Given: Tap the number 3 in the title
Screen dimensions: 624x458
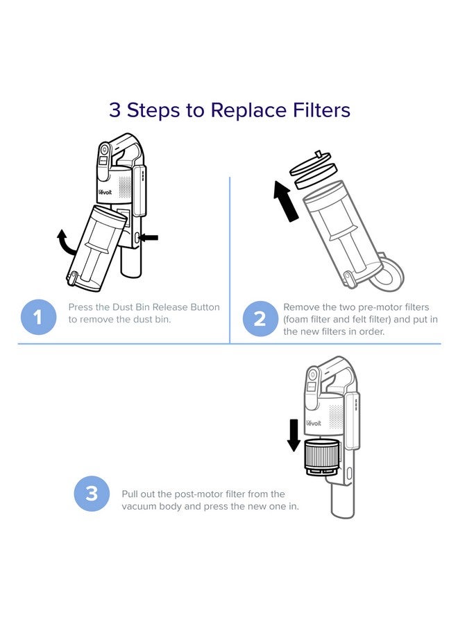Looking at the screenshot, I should coord(114,110).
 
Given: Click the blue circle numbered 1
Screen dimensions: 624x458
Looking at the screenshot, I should coord(38,318).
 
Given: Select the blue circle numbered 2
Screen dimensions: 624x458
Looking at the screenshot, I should coord(260,319).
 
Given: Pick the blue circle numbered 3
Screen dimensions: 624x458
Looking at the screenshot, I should coord(92,494).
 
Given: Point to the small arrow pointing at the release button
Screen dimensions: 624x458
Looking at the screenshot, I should coord(148,238).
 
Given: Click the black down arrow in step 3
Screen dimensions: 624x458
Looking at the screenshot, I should coord(294,435).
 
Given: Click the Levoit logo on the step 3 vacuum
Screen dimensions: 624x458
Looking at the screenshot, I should coord(314,423).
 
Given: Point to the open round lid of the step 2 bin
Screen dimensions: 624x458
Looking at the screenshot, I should coord(390,273).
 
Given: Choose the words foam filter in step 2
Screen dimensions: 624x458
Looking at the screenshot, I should coord(314,320).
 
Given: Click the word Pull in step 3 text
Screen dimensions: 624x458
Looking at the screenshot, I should coord(131,494).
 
